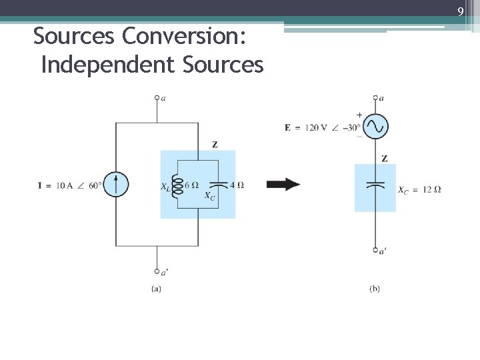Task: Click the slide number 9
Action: (460, 11)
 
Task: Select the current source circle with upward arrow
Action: (116, 185)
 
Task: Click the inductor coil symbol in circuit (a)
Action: (177, 185)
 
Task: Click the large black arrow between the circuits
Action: (283, 185)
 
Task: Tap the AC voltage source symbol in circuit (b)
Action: (375, 125)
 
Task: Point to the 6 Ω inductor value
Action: (192, 185)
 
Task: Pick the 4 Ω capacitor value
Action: (237, 185)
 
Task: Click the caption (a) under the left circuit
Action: (156, 288)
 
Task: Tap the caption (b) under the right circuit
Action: (375, 288)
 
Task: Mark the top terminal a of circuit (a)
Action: (157, 98)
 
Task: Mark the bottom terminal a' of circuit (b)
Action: (376, 250)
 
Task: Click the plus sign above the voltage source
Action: (360, 115)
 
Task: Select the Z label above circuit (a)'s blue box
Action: (214, 144)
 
